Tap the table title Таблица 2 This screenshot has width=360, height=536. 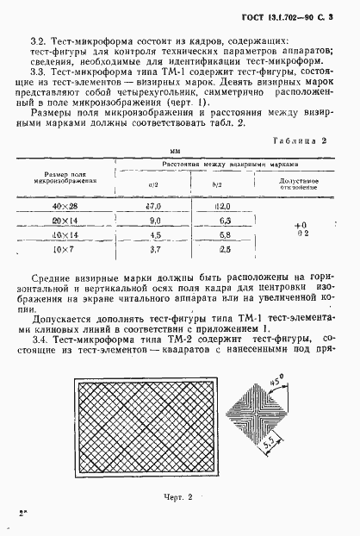(x=298, y=139)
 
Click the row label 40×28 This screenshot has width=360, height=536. (x=65, y=207)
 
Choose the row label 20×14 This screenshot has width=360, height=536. (x=65, y=221)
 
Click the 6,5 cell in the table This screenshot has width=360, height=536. (x=225, y=221)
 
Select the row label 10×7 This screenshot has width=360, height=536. (x=65, y=250)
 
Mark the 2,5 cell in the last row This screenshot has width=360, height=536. (x=225, y=250)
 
